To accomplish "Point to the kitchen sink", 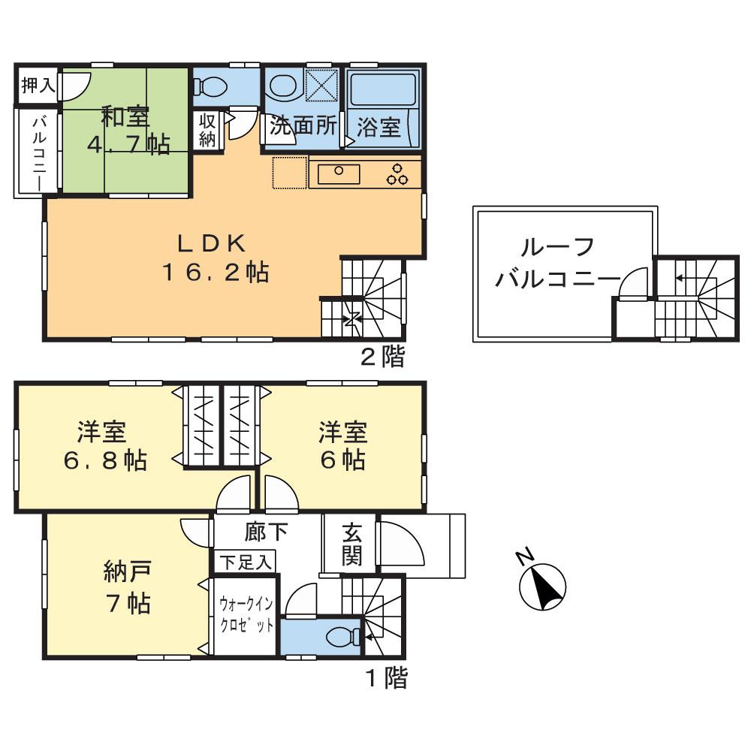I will pyautogui.click(x=339, y=173).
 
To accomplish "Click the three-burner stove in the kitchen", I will pyautogui.click(x=397, y=173).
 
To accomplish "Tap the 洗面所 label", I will pyautogui.click(x=303, y=125).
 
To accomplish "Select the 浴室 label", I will pyautogui.click(x=379, y=126).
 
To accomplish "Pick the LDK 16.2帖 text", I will pyautogui.click(x=212, y=258).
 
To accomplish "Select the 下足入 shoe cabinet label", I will pyautogui.click(x=246, y=562).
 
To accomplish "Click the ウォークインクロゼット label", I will pyautogui.click(x=246, y=615).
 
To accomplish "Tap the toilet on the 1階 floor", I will pyautogui.click(x=342, y=638).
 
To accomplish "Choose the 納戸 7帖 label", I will pyautogui.click(x=126, y=589).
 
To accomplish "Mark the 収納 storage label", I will pyautogui.click(x=207, y=130).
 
